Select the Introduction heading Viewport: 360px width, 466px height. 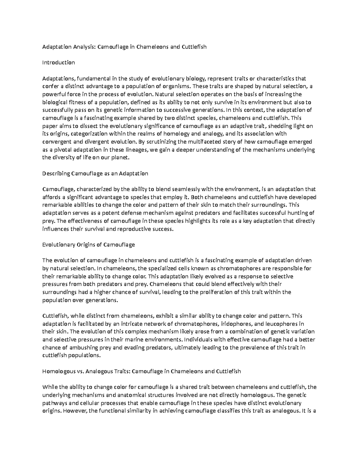58,63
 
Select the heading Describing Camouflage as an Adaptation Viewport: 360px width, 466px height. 95,173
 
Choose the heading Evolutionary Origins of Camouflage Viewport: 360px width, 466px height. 88,245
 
